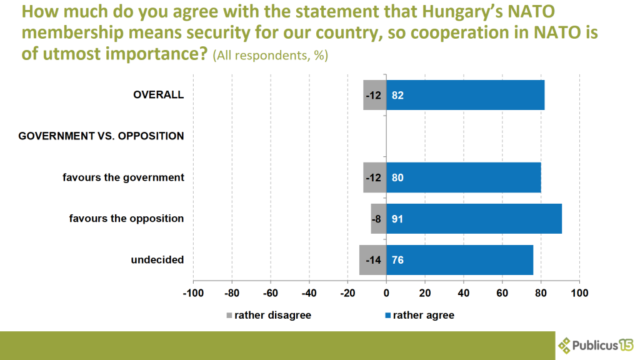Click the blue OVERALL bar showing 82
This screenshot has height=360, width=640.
point(466,96)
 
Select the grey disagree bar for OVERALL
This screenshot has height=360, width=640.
point(375,96)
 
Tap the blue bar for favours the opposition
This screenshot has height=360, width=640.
point(474,219)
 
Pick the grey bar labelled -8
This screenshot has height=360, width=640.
point(379,219)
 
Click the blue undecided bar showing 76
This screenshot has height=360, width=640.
point(460,259)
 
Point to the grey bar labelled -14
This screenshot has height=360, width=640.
point(373,259)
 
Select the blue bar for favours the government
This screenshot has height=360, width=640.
point(464,177)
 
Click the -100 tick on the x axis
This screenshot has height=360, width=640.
point(193,292)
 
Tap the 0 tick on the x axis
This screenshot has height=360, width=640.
point(386,292)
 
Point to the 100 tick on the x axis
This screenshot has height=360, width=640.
point(579,292)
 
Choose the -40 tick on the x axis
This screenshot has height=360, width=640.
point(309,292)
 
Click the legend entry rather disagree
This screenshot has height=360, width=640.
point(268,316)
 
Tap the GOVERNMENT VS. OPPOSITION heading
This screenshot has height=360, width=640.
point(101,136)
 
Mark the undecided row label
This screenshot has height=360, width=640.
point(157,259)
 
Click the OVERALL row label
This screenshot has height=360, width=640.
point(159,95)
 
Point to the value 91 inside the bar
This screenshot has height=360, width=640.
point(397,219)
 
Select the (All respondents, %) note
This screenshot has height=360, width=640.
point(270,56)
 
